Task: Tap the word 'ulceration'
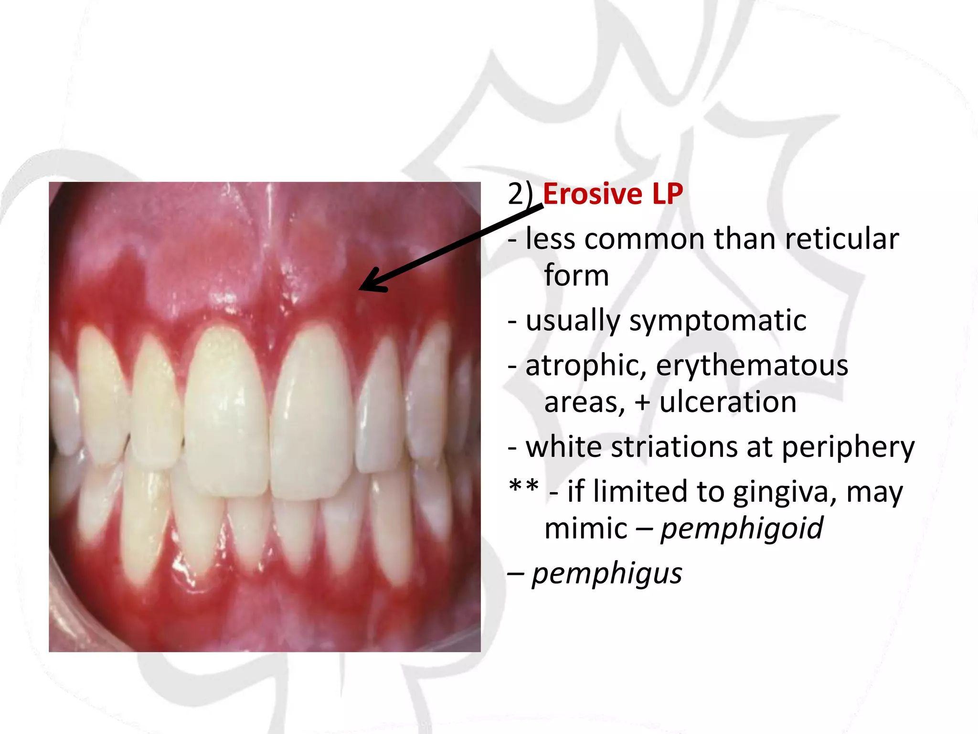(x=728, y=401)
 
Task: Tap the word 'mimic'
(x=585, y=528)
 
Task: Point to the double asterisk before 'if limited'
(x=524, y=487)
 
